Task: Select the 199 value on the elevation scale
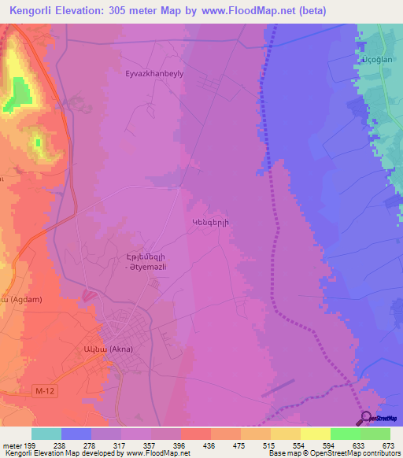(31, 445)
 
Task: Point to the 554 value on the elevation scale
(299, 445)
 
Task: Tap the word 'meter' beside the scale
(11, 445)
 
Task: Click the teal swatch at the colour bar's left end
(46, 434)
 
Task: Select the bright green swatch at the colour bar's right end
(375, 434)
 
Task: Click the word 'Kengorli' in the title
(30, 11)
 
